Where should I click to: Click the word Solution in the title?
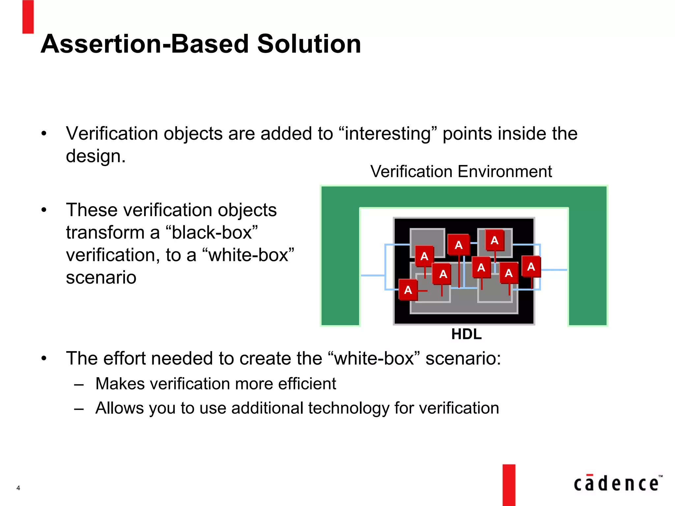click(x=309, y=44)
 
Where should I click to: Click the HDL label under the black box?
click(x=466, y=334)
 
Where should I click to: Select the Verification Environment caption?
click(x=461, y=172)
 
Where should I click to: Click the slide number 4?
click(x=18, y=488)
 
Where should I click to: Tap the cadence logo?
click(x=617, y=484)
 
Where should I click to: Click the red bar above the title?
click(x=28, y=16)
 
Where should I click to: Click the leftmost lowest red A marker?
click(x=408, y=290)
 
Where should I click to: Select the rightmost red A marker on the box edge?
click(x=531, y=267)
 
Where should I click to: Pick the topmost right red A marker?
click(x=494, y=240)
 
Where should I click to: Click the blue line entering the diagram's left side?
click(x=372, y=275)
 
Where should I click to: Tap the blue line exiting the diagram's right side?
click(x=554, y=270)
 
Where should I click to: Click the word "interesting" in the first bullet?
click(x=388, y=134)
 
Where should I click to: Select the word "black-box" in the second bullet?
click(x=214, y=233)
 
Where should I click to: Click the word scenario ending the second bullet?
click(x=101, y=277)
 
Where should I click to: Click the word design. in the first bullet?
click(x=96, y=156)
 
